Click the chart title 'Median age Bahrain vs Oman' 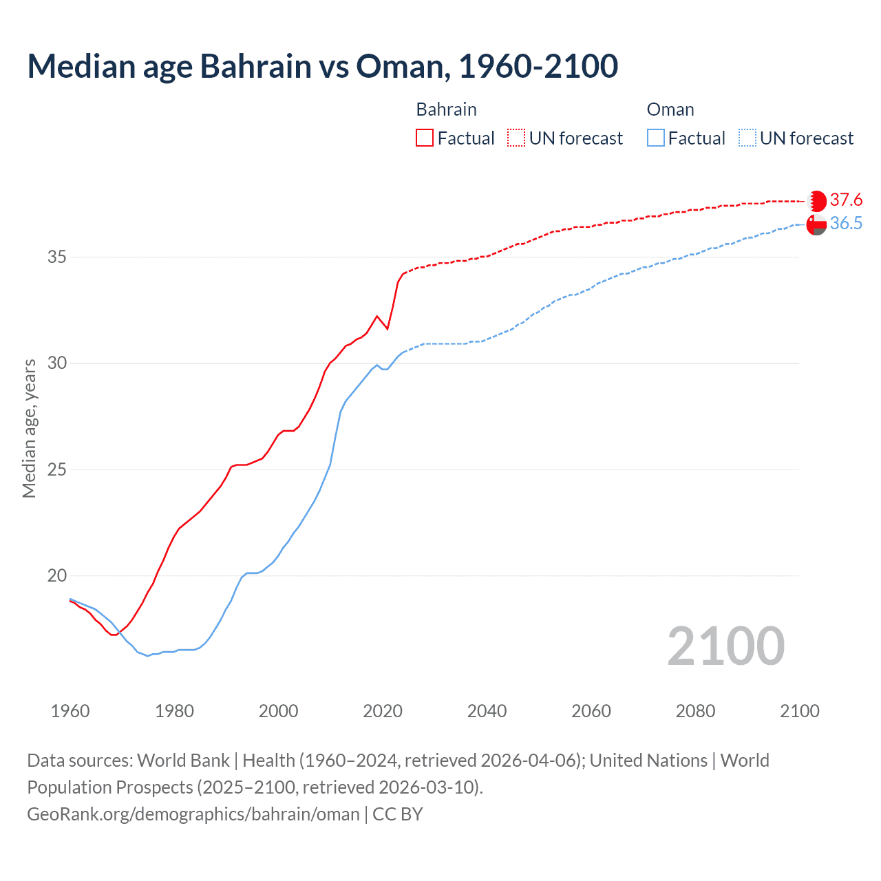point(322,66)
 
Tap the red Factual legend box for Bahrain point(425,138)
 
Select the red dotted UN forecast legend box point(516,138)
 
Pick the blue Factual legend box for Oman point(656,138)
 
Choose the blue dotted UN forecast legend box point(747,138)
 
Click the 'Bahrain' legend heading point(446,109)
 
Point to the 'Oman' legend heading point(670,109)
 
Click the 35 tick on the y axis point(56,257)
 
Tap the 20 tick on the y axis point(56,576)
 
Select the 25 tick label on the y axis point(56,470)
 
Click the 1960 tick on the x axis point(70,711)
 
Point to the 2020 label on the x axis point(383,711)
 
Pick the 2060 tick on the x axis point(591,711)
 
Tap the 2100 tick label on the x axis point(800,711)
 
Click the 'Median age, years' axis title point(29,428)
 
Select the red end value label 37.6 point(846,200)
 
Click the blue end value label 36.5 point(846,224)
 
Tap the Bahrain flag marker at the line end point(816,201)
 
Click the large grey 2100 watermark point(725,646)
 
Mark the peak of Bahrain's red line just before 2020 point(376,316)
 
